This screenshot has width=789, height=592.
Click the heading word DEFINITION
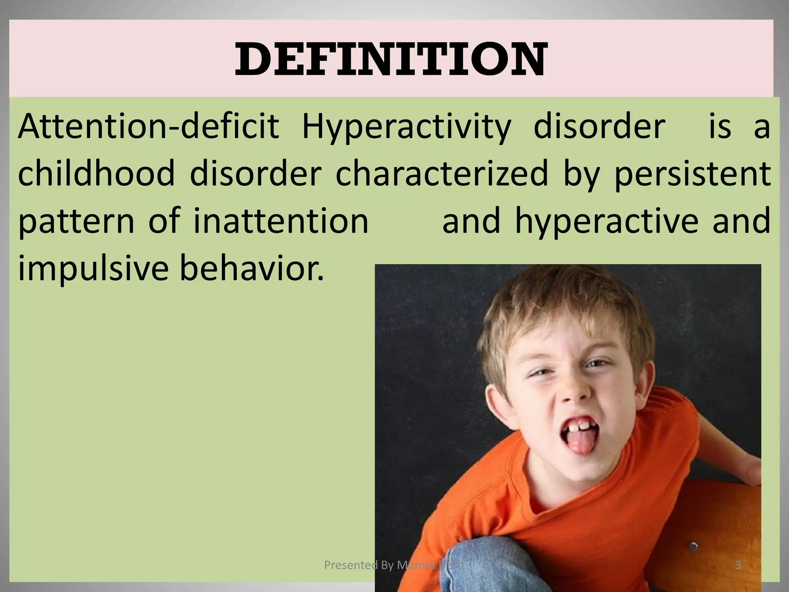tap(391, 60)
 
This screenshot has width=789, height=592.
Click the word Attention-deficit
tap(148, 126)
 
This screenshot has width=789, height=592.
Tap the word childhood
tap(96, 173)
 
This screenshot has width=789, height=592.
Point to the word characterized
tap(442, 173)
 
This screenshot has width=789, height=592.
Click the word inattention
tap(281, 220)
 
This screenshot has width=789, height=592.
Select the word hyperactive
tap(607, 221)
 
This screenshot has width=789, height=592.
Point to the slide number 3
tap(738, 565)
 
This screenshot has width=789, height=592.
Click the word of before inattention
tap(164, 220)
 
